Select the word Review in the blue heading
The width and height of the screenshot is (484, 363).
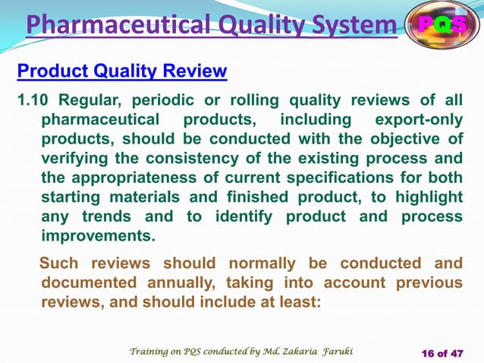pyautogui.click(x=194, y=71)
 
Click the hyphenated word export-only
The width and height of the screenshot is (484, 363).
pyautogui.click(x=419, y=120)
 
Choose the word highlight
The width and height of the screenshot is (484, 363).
pyautogui.click(x=426, y=197)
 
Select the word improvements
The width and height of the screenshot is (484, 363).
pyautogui.click(x=97, y=236)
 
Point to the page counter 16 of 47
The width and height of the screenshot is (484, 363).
pyautogui.click(x=442, y=352)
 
